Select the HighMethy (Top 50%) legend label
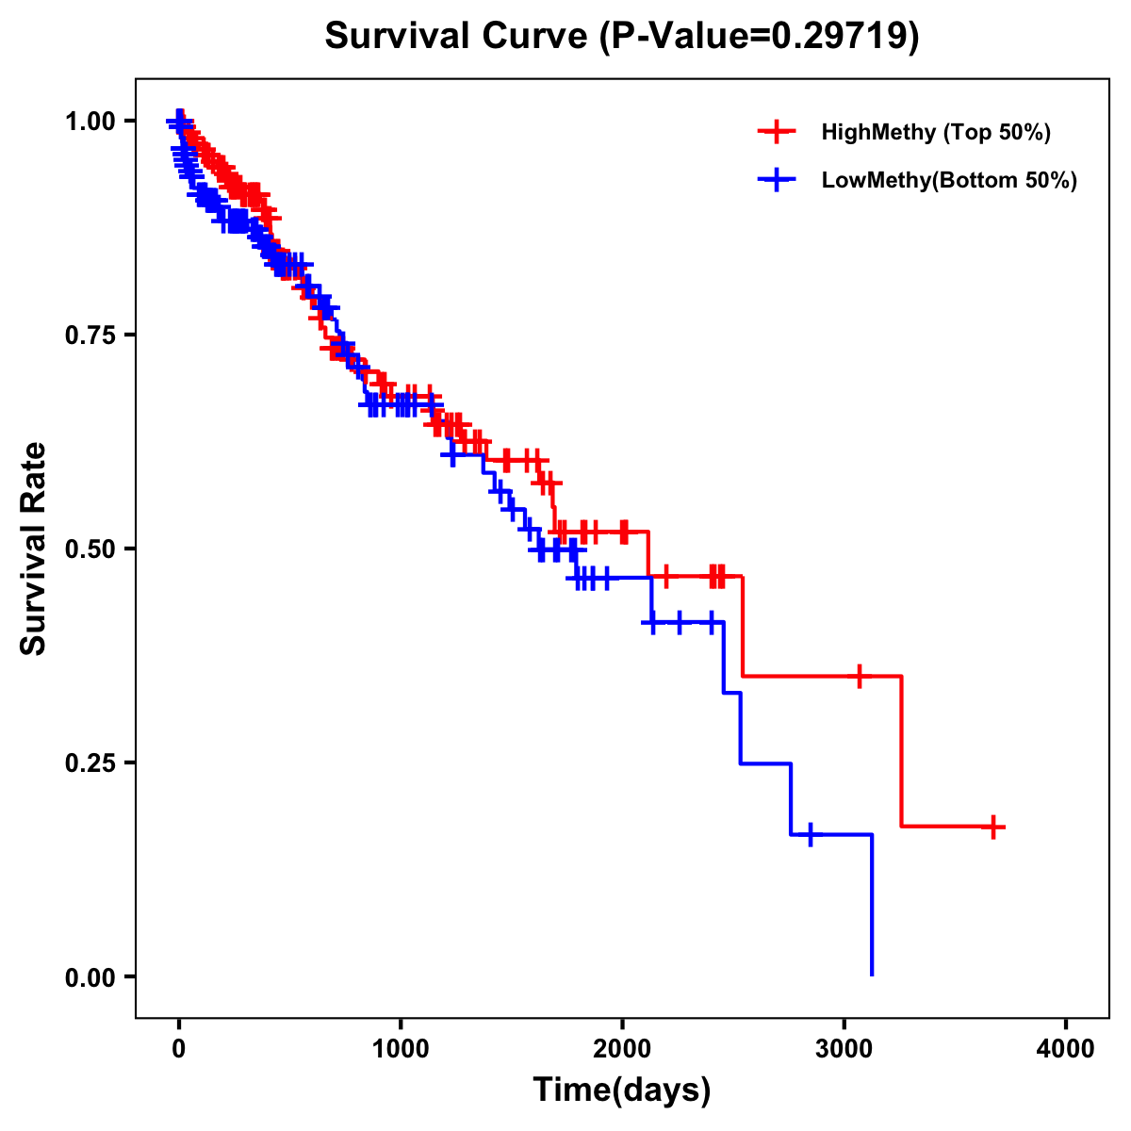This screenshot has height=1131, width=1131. (935, 132)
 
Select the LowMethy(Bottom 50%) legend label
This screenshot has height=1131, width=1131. (949, 180)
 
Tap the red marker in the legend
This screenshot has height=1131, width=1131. (777, 132)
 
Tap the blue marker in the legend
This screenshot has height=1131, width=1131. (777, 180)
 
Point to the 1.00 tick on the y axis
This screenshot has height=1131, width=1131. (90, 121)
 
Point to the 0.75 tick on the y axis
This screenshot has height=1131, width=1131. (90, 335)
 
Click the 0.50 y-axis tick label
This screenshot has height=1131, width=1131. (90, 549)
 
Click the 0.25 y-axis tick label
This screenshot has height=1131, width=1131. (90, 762)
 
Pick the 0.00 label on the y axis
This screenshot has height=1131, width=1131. (90, 976)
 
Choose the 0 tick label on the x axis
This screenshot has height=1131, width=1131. (179, 1049)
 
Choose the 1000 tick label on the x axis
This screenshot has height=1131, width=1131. (401, 1049)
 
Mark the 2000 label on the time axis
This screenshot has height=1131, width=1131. (622, 1049)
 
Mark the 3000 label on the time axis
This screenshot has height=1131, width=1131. (844, 1049)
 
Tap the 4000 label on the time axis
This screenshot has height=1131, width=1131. (1066, 1049)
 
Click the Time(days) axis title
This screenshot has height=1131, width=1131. (622, 1090)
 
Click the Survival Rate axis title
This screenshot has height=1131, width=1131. (34, 549)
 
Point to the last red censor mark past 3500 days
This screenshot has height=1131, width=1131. (992, 827)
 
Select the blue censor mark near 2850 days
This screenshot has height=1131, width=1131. (810, 834)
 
